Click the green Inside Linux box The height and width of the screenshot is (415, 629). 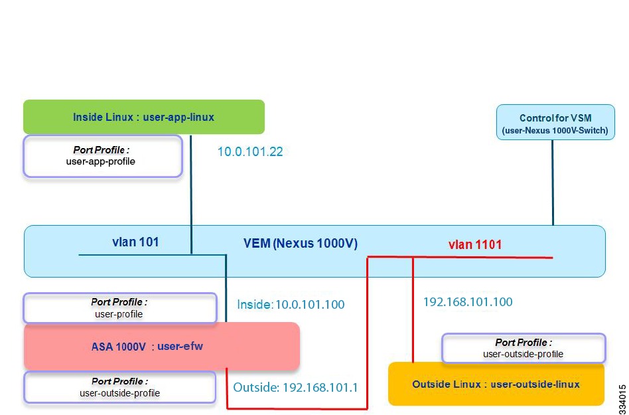[x=143, y=117]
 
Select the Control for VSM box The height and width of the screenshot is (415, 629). [x=555, y=122]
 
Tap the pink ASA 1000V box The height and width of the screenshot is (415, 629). [x=162, y=346]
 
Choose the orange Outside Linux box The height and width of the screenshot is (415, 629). [x=496, y=384]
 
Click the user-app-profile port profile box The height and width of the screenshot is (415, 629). [x=103, y=156]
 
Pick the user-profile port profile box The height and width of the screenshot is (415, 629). [x=120, y=308]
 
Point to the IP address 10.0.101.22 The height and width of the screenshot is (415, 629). [x=250, y=151]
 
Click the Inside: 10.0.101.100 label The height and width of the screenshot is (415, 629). [x=291, y=305]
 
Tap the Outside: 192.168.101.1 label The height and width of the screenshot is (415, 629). [x=296, y=387]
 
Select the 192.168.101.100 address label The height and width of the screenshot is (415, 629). [x=468, y=302]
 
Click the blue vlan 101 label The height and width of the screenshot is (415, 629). [x=135, y=242]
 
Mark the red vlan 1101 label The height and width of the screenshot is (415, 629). [x=475, y=244]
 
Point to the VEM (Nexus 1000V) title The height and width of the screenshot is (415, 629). [x=301, y=244]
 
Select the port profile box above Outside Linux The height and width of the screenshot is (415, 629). [x=523, y=349]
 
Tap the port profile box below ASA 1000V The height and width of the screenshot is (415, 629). [x=120, y=387]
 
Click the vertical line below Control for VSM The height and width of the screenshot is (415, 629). [x=553, y=183]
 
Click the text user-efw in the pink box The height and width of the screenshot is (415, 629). [x=180, y=346]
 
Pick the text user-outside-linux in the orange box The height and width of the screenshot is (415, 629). [x=535, y=384]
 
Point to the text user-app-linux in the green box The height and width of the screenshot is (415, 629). [x=178, y=117]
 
